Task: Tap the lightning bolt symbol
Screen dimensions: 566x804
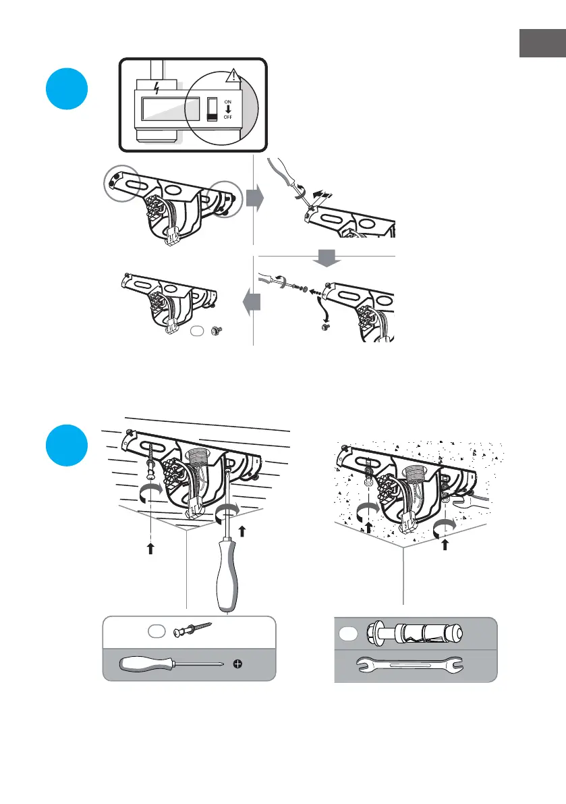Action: tap(157, 88)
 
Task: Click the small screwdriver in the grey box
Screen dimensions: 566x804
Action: tap(171, 664)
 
